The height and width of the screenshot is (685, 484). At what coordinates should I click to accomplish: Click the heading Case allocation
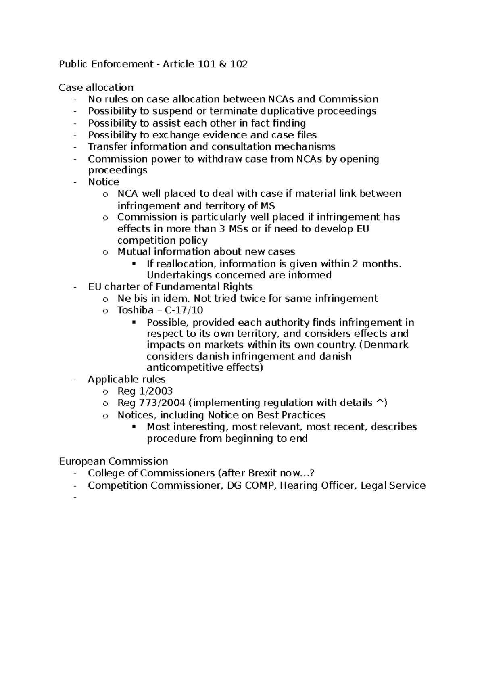point(96,87)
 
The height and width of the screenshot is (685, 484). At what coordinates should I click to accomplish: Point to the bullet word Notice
point(104,182)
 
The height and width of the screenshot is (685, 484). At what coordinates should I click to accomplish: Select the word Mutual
point(134,252)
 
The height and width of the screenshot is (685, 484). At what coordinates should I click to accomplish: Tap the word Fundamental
point(184,287)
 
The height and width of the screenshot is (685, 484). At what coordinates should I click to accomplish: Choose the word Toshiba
point(136,310)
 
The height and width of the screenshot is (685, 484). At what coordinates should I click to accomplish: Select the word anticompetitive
point(191,368)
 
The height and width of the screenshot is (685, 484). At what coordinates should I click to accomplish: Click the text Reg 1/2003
point(145,391)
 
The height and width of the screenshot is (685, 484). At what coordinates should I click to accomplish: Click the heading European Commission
point(113,461)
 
